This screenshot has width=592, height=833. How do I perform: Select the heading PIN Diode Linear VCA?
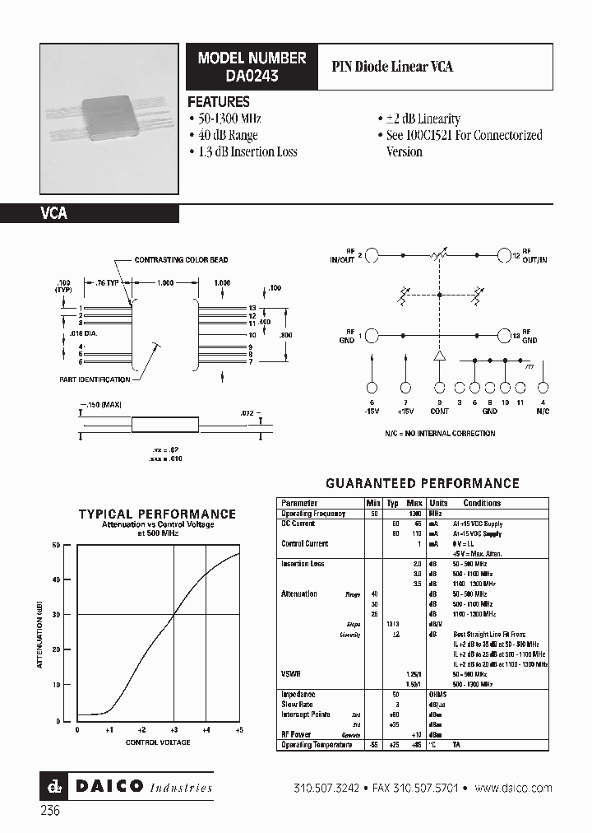[391, 67]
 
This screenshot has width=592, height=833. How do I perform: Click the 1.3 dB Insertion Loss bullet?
[243, 151]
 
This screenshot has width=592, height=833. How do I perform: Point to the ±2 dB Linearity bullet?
[419, 119]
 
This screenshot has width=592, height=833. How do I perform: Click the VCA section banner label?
[54, 213]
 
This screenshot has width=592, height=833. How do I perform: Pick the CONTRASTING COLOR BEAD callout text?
[181, 260]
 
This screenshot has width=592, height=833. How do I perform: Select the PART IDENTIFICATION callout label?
[95, 379]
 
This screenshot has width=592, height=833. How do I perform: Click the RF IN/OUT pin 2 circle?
[371, 256]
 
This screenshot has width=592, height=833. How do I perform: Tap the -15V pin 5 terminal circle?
[372, 387]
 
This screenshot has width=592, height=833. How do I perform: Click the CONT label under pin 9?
[441, 409]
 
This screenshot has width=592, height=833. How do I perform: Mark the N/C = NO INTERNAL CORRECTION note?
[440, 433]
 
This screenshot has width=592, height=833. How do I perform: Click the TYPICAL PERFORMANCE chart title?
[157, 514]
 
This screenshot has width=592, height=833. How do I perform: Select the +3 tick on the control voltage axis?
[174, 730]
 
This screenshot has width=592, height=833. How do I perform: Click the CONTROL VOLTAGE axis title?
[158, 742]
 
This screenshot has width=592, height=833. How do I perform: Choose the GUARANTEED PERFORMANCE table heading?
[423, 483]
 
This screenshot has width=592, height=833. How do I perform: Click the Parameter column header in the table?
[299, 503]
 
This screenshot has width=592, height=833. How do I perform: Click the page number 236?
[49, 810]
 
